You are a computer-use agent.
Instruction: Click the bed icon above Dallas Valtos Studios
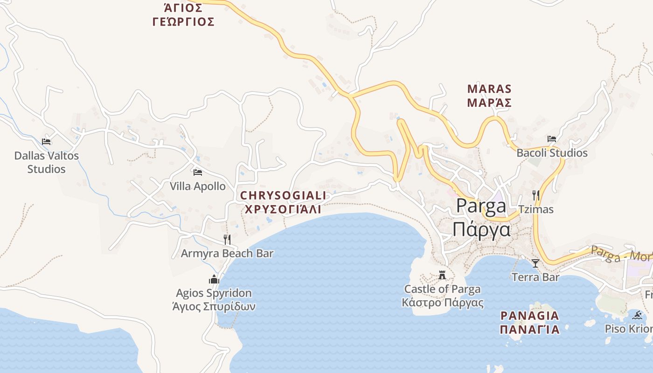point(46,142)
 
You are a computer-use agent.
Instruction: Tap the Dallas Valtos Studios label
point(46,162)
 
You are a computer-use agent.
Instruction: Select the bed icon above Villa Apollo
point(198,173)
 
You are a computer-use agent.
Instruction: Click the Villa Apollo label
point(197,186)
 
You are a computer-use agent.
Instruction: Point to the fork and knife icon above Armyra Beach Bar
point(227,240)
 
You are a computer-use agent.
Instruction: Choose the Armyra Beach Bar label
point(227,253)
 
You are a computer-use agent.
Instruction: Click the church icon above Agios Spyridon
point(214,279)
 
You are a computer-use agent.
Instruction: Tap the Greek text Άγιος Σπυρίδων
point(214,307)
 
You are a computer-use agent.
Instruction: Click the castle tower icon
point(442,275)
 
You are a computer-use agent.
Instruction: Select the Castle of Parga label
point(442,289)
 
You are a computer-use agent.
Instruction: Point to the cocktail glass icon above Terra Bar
point(535,263)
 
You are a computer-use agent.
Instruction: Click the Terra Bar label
point(535,277)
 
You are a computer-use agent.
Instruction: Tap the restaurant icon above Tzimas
point(535,195)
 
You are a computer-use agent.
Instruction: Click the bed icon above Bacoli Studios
point(552,139)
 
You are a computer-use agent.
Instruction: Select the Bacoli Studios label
point(552,153)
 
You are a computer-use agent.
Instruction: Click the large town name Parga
point(481,206)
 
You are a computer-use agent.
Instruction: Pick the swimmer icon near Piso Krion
point(638,315)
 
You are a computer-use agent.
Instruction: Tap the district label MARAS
point(489,89)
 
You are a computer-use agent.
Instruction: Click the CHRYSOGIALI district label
point(283,195)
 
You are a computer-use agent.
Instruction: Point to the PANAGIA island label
point(529,316)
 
